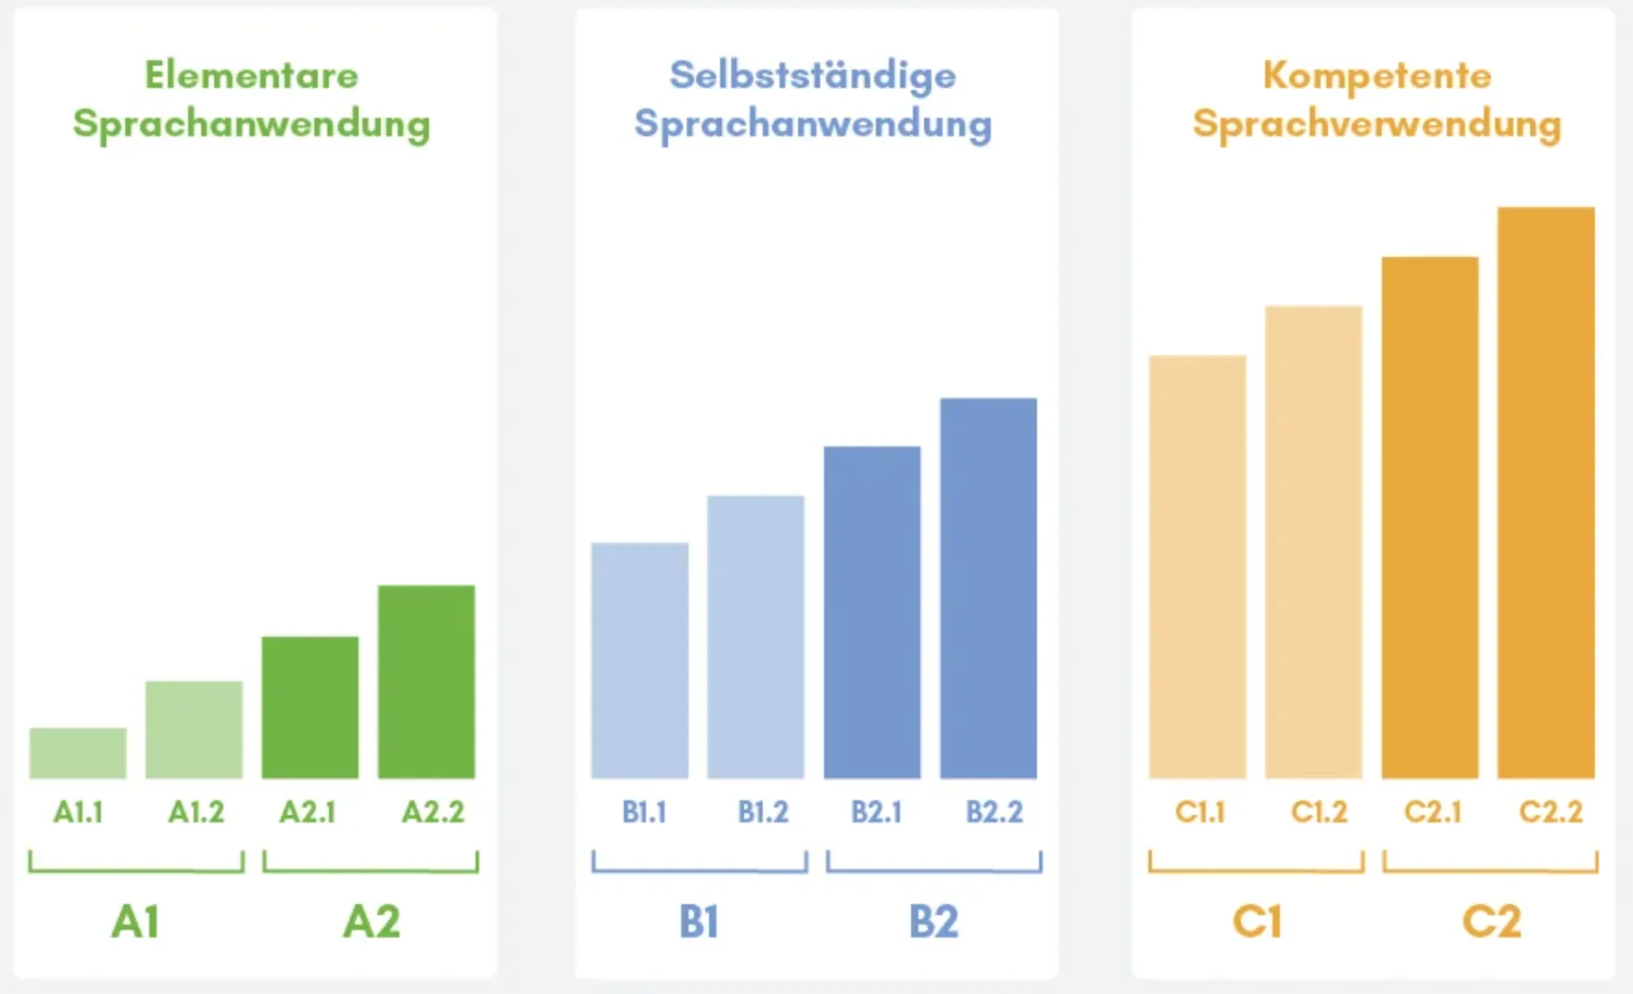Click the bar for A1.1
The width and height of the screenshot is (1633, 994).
pyautogui.click(x=78, y=753)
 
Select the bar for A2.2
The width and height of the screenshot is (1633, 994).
pyautogui.click(x=426, y=682)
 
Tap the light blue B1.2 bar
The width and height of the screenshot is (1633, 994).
pyautogui.click(x=755, y=637)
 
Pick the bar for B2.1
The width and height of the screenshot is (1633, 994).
pyautogui.click(x=872, y=612)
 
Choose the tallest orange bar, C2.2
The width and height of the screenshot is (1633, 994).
pyautogui.click(x=1546, y=492)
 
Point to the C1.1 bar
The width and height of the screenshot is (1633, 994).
pyautogui.click(x=1197, y=567)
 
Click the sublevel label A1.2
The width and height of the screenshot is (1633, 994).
pyautogui.click(x=196, y=812)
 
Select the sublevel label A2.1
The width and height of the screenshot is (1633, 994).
pyautogui.click(x=308, y=812)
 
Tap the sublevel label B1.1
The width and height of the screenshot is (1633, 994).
pyautogui.click(x=644, y=812)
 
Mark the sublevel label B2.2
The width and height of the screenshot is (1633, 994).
pyautogui.click(x=994, y=812)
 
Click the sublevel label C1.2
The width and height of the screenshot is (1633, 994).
pyautogui.click(x=1319, y=812)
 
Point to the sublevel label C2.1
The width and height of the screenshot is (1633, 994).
pyautogui.click(x=1433, y=812)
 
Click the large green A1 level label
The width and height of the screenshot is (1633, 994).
pyautogui.click(x=135, y=922)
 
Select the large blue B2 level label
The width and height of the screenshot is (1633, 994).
pyautogui.click(x=933, y=922)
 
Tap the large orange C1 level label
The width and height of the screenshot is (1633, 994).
pyautogui.click(x=1257, y=922)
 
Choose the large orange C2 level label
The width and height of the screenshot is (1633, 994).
pyautogui.click(x=1491, y=922)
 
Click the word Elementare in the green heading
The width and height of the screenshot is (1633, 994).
pyautogui.click(x=251, y=75)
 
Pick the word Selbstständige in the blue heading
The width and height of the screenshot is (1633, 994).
pyautogui.click(x=813, y=75)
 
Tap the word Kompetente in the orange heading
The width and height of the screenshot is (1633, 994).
pyautogui.click(x=1377, y=75)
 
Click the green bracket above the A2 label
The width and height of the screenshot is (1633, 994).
pyautogui.click(x=371, y=869)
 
